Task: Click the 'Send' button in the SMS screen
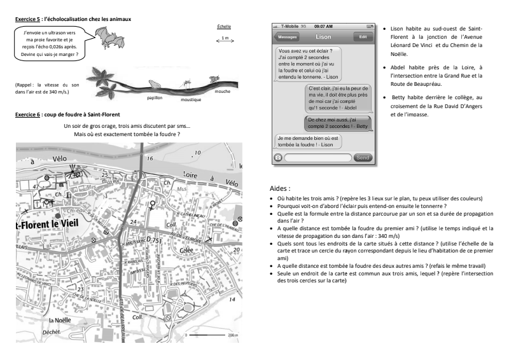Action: coord(362,157)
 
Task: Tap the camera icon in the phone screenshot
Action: coord(278,157)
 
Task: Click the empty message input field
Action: coord(317,157)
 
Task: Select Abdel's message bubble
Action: coord(340,97)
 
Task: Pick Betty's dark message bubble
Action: coord(340,123)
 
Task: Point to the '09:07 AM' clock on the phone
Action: coord(324,26)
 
